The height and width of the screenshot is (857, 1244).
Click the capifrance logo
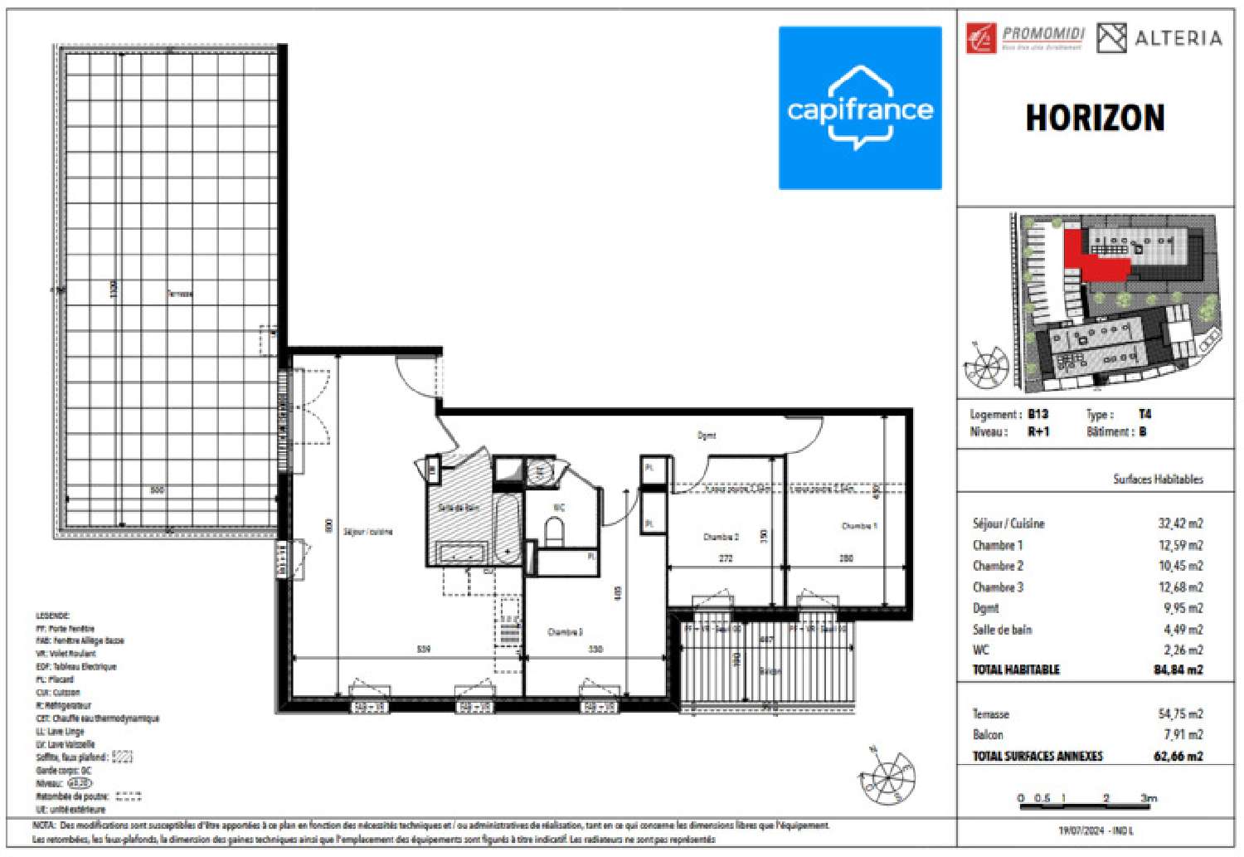(860, 108)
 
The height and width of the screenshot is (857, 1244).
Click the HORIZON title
(1095, 119)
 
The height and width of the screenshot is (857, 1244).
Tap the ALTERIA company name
(1177, 38)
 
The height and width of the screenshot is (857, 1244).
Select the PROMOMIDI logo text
(1043, 34)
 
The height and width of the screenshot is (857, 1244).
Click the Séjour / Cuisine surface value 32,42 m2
(1179, 523)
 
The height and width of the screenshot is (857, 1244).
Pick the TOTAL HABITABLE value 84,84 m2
(1178, 670)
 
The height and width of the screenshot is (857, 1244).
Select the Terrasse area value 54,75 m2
(1181, 713)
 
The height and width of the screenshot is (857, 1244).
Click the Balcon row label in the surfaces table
(988, 735)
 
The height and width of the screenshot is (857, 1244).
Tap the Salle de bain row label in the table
(1002, 630)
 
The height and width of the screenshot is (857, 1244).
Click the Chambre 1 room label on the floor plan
(858, 526)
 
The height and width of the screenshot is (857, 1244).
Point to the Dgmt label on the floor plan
(707, 435)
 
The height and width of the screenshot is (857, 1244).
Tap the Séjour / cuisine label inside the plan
(367, 532)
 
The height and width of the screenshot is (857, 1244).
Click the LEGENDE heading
(52, 616)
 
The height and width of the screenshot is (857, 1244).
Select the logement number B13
(1037, 414)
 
